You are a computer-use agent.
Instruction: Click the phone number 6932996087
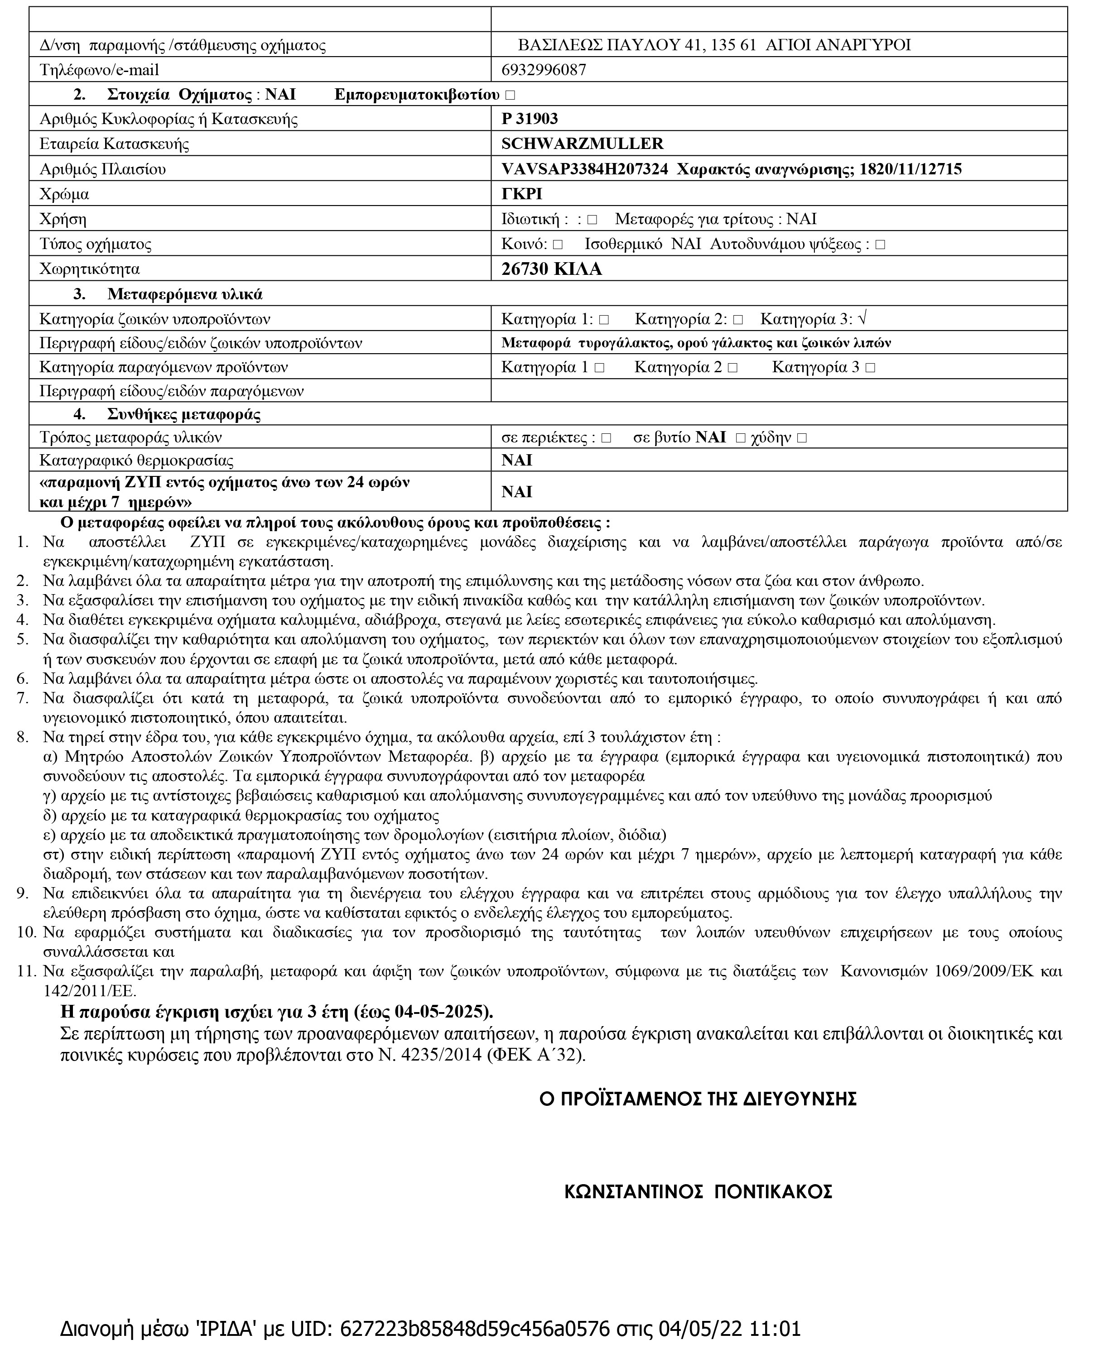click(543, 70)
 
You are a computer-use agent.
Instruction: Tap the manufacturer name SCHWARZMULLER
click(582, 144)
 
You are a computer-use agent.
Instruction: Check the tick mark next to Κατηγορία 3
click(863, 318)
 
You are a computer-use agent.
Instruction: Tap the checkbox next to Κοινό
click(558, 245)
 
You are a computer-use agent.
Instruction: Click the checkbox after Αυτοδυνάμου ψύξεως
click(880, 245)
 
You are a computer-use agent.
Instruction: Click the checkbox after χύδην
click(802, 438)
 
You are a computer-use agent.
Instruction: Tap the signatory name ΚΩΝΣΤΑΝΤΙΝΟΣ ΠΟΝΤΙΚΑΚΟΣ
click(698, 1192)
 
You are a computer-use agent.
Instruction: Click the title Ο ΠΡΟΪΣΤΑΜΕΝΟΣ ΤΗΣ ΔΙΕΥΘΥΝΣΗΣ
click(698, 1099)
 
